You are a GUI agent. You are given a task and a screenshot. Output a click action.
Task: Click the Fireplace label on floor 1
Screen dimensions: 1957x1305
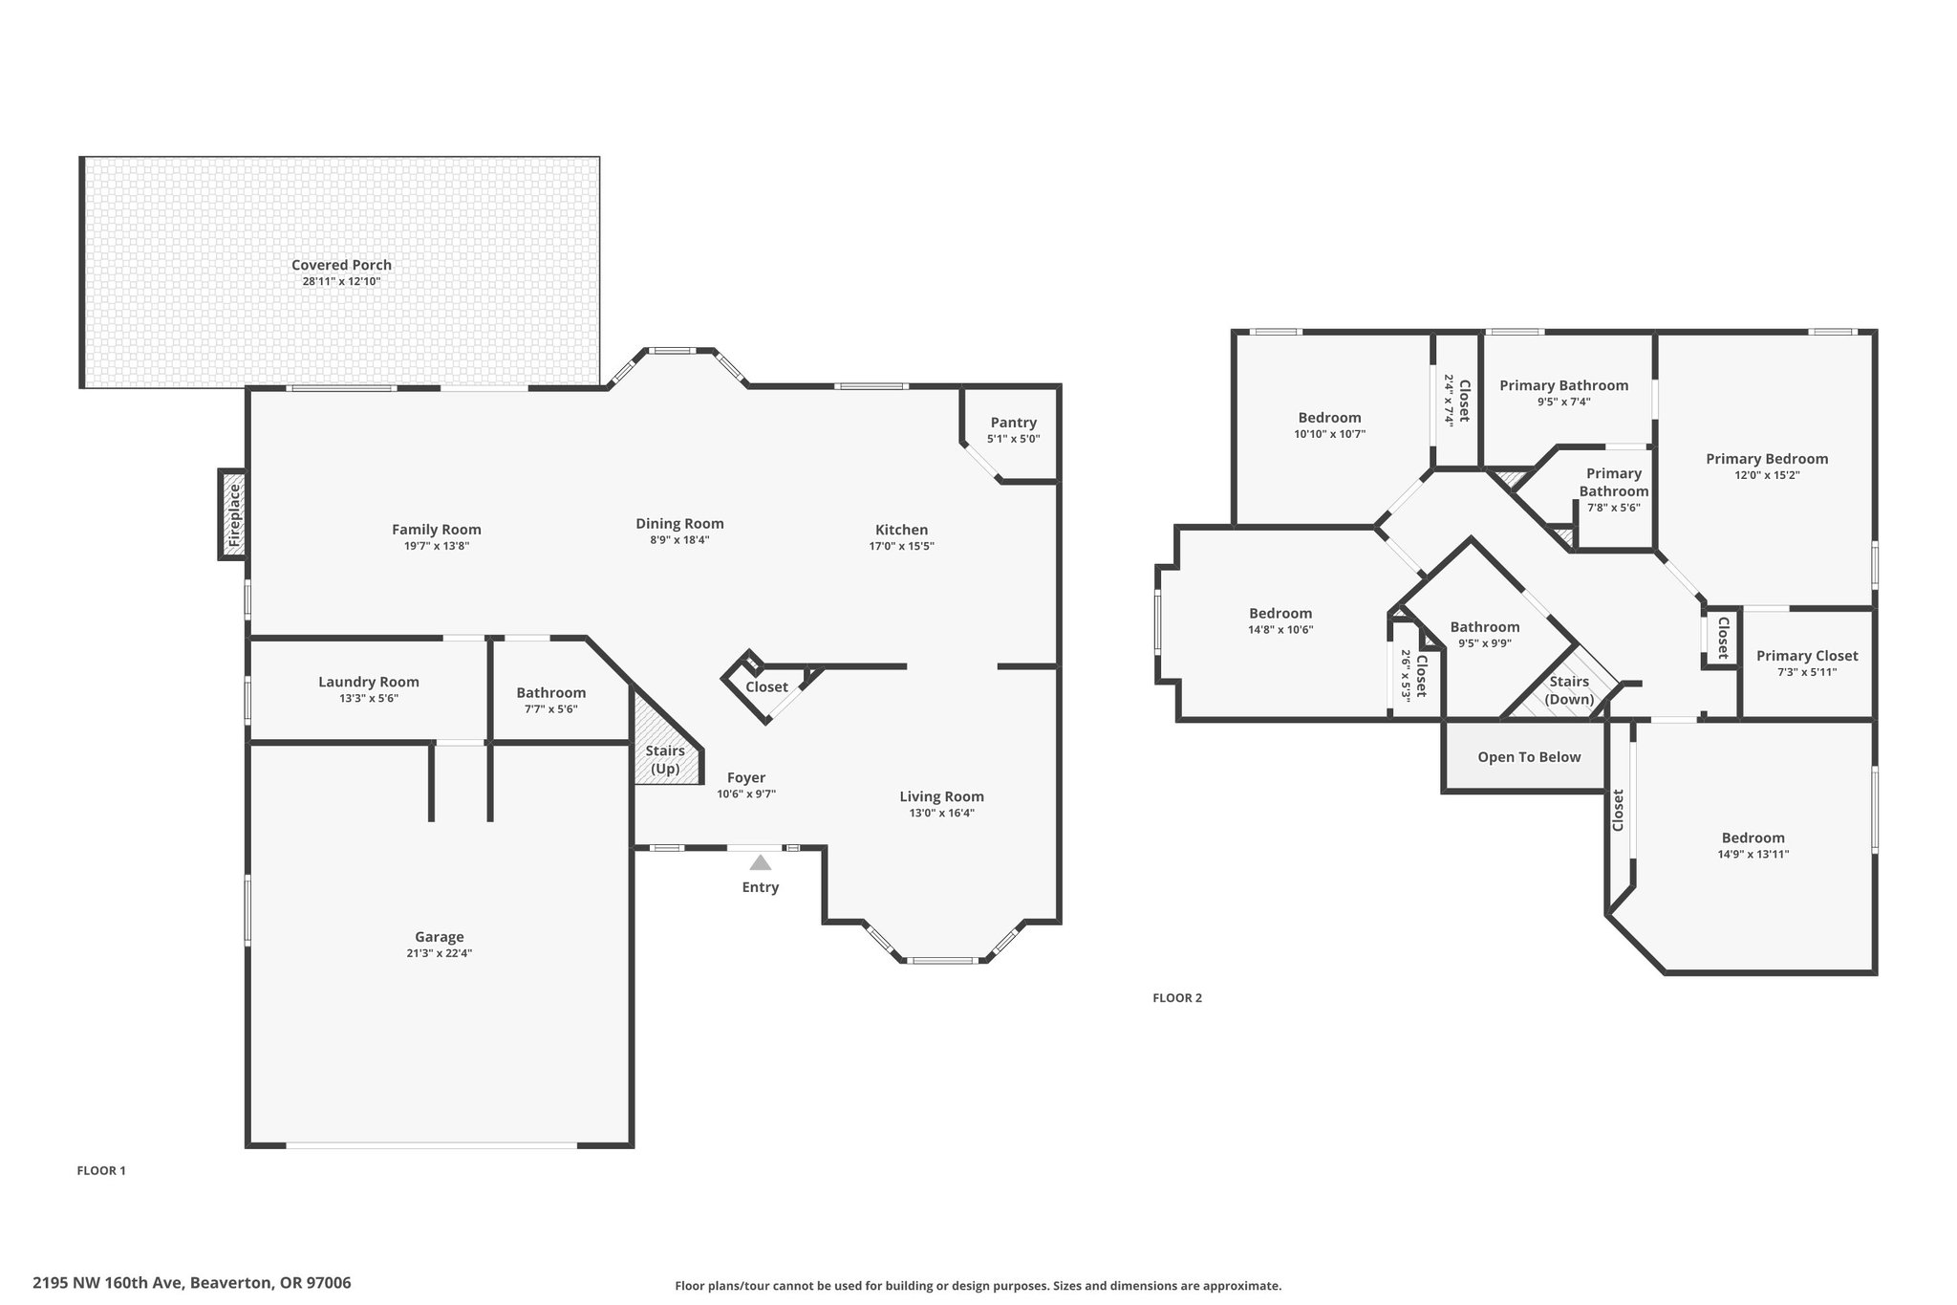234,515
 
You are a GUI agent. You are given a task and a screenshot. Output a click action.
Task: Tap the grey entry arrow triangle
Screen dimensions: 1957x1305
761,862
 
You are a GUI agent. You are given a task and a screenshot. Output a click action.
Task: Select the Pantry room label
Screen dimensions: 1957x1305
1013,423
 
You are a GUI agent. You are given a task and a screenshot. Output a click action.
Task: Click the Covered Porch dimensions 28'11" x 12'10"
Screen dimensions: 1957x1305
341,281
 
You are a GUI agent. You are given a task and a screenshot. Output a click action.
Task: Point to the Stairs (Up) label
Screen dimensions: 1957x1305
665,760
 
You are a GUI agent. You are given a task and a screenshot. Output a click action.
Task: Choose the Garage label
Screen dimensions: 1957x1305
440,937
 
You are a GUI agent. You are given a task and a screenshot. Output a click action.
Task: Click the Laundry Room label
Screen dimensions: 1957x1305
369,682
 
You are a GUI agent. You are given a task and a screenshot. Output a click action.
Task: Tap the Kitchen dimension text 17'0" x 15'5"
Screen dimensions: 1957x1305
901,546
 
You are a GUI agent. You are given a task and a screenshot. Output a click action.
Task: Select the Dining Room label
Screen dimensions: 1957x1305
679,524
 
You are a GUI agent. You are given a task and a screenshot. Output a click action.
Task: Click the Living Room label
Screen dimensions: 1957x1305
941,796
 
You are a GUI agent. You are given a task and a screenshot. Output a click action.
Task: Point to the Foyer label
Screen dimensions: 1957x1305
746,777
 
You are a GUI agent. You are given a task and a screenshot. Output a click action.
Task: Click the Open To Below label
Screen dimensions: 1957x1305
1529,757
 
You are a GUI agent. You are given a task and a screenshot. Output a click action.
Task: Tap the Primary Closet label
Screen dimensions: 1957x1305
1807,656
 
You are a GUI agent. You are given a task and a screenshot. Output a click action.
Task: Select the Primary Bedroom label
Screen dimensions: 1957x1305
1767,459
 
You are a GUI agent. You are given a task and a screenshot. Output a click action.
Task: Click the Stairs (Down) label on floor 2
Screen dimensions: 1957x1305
1569,690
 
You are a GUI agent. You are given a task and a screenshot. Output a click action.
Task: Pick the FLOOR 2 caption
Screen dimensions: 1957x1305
1177,998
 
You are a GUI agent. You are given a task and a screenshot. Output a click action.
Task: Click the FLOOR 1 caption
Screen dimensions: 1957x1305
101,1170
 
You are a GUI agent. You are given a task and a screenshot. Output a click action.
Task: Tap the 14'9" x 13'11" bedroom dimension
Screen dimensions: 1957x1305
1753,855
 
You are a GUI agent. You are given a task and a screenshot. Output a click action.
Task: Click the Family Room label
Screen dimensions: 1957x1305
437,530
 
